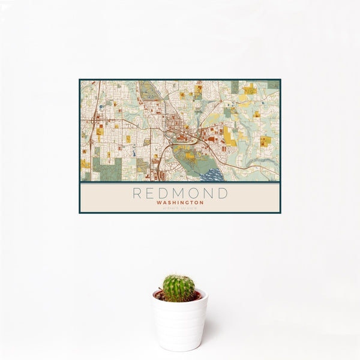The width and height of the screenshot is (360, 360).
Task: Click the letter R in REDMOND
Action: pos(137,193)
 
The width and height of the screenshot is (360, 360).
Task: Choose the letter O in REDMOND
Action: pos(195,193)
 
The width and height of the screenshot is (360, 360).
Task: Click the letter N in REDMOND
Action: pos(209,193)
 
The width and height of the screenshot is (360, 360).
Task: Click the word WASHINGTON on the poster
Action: pos(180,203)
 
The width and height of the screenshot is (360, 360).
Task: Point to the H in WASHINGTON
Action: pos(174,203)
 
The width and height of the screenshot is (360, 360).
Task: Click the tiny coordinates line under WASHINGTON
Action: pos(180,208)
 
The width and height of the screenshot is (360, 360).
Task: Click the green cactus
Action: pos(179,288)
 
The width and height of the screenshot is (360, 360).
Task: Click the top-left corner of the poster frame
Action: pos(79,79)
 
